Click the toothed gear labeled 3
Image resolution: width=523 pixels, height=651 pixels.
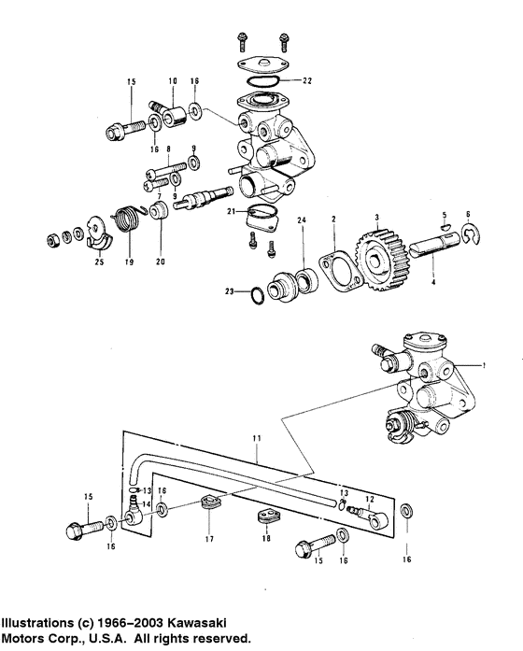(382, 258)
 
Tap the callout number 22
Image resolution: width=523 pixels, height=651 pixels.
(306, 81)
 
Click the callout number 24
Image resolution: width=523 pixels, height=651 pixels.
(302, 219)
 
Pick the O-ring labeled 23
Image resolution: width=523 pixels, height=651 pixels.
(258, 295)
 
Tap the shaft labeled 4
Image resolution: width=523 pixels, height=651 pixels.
(434, 247)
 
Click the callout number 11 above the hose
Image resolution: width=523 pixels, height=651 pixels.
(257, 438)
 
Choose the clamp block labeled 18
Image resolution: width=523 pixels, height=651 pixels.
(267, 516)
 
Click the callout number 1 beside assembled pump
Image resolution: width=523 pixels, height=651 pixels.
(484, 366)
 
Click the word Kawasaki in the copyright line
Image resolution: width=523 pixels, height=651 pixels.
(197, 623)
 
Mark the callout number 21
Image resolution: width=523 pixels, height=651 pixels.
(232, 212)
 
